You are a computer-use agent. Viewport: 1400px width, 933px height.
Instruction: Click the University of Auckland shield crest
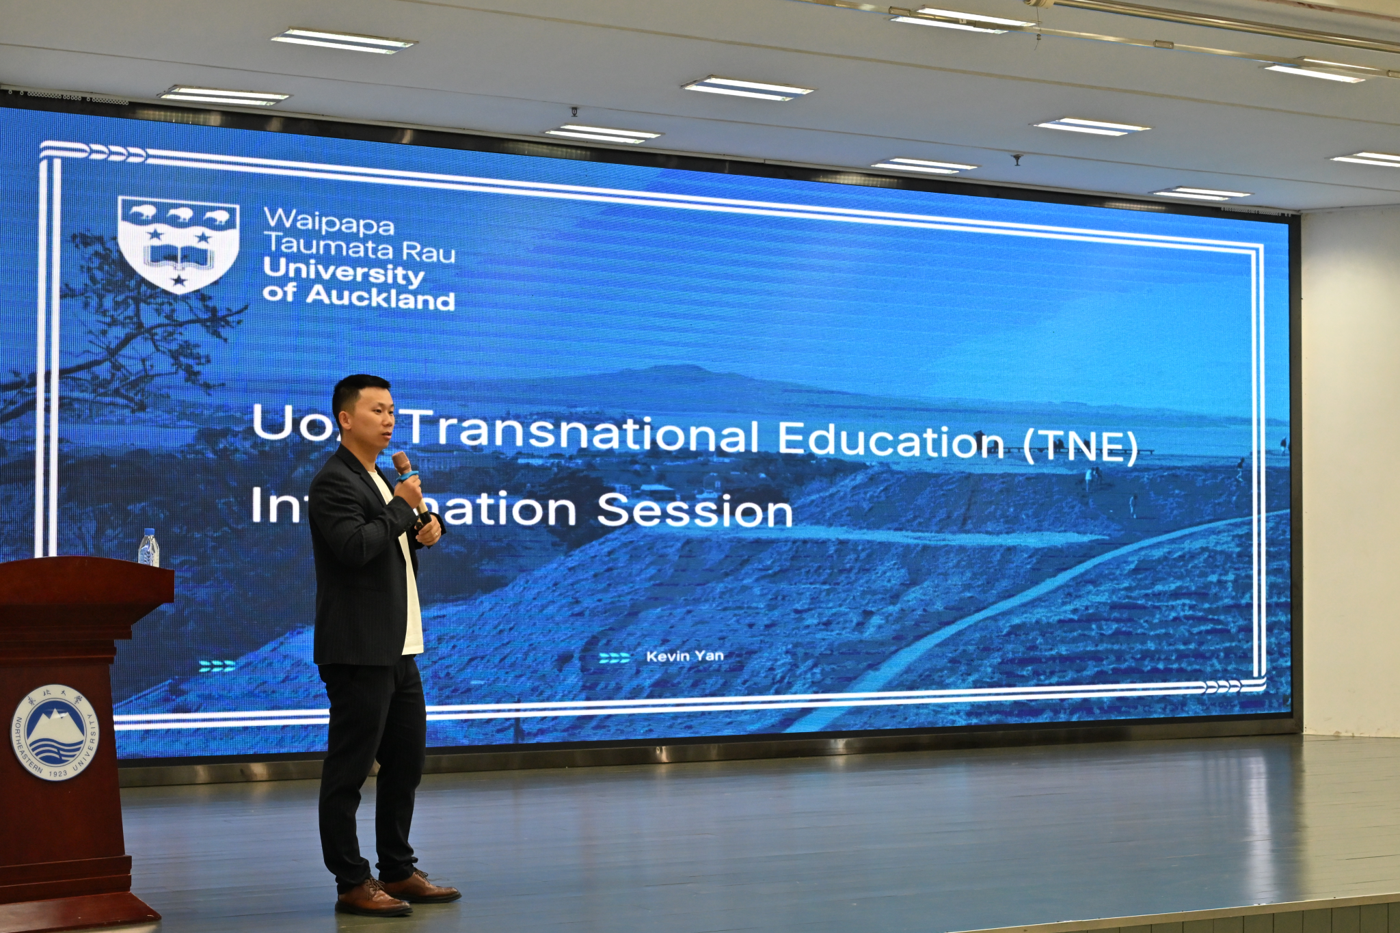(178, 243)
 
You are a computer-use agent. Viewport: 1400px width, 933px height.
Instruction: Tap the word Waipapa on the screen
(329, 222)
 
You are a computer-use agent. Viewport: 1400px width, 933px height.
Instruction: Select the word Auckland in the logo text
(380, 297)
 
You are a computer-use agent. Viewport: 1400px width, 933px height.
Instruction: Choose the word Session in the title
(695, 511)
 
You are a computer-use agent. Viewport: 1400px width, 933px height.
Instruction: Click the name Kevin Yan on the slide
(684, 656)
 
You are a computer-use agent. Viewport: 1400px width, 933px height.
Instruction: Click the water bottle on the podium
(148, 547)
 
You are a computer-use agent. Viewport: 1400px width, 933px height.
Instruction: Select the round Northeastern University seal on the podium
(55, 732)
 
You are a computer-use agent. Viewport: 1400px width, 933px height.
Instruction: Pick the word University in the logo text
(343, 272)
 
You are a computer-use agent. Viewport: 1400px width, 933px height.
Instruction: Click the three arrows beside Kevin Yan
(614, 658)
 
